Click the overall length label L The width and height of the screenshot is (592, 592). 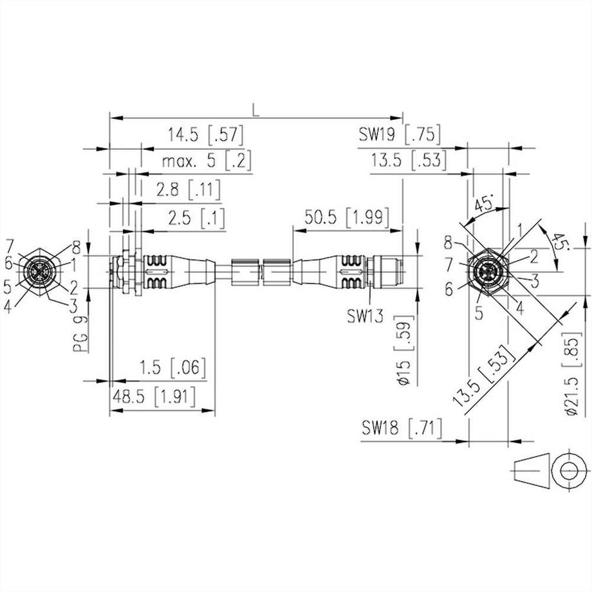255,110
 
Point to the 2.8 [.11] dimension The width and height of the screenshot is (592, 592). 187,189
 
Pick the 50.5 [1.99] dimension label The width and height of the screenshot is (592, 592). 347,218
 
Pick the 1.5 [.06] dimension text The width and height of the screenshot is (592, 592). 172,369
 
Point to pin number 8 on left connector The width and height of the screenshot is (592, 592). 76,246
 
